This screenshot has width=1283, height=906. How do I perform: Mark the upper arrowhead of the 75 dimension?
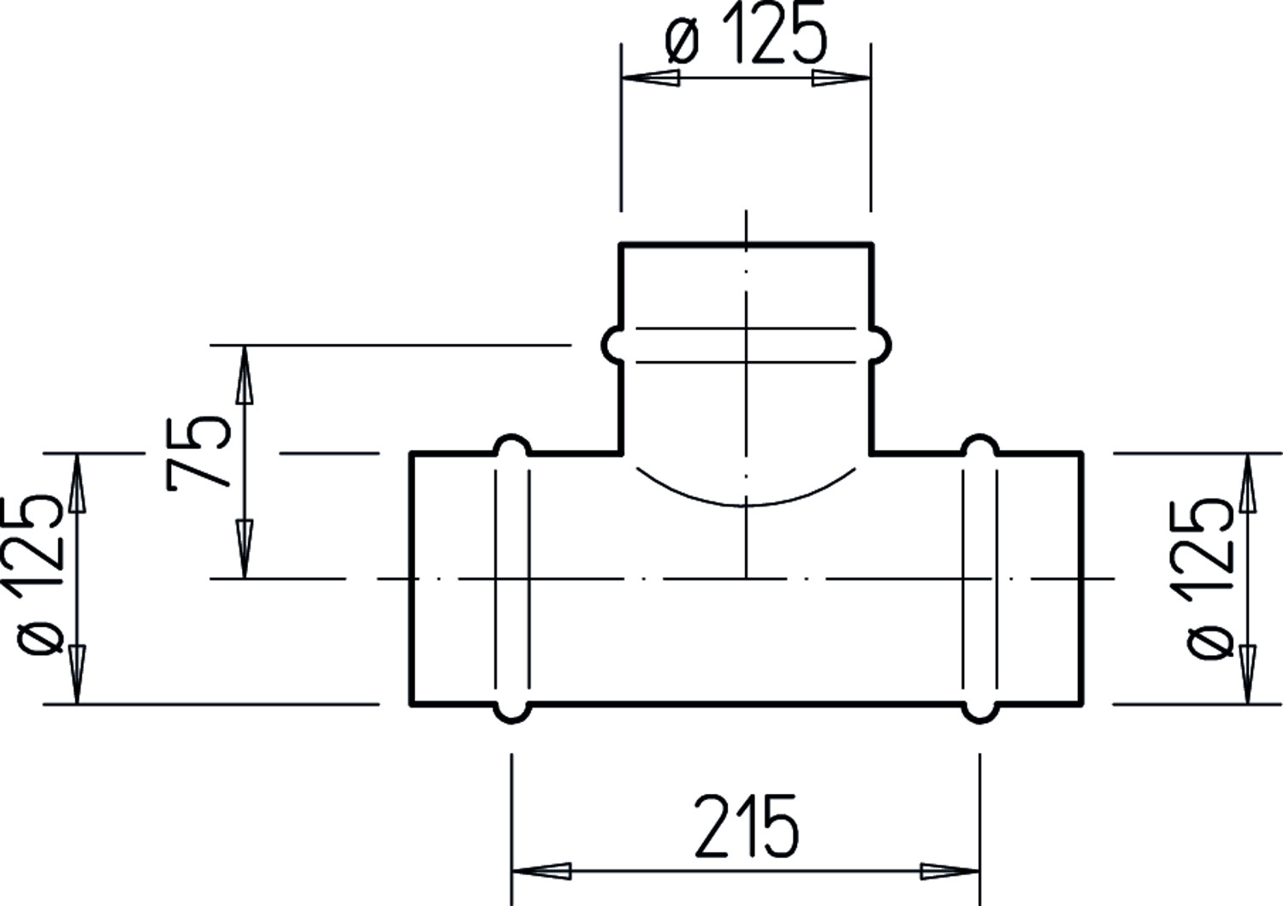[245, 375]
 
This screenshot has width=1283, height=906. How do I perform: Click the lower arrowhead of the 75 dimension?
[245, 549]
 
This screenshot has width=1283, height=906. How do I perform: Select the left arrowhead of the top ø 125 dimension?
[651, 78]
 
